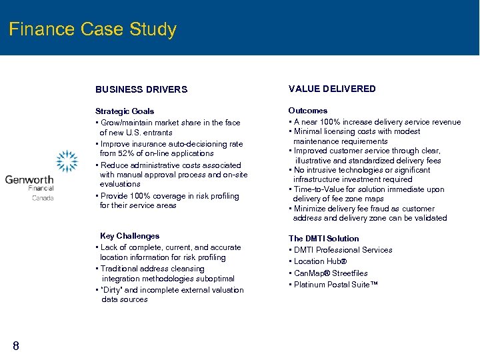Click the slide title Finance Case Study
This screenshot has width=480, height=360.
[93, 30]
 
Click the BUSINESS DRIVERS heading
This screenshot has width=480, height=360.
[141, 89]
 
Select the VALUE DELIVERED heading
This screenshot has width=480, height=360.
[331, 89]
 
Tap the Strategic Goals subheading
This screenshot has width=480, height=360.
[125, 111]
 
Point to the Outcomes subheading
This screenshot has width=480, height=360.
[307, 111]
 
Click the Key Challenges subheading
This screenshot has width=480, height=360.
[129, 236]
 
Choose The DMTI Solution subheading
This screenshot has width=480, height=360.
[323, 239]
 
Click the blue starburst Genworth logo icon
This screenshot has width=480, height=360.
[67, 161]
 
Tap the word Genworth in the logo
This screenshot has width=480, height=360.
[29, 179]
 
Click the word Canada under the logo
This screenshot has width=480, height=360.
[43, 198]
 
